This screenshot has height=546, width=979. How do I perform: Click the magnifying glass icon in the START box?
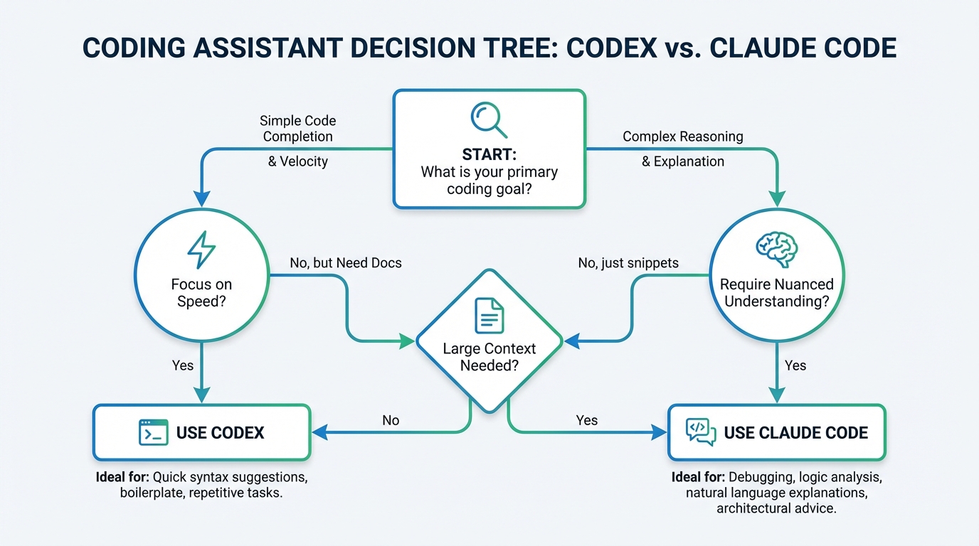488,120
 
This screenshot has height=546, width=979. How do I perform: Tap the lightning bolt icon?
201,250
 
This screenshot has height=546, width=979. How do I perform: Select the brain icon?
776,250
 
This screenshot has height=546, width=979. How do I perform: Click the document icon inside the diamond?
489,316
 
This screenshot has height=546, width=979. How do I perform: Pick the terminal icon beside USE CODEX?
153,432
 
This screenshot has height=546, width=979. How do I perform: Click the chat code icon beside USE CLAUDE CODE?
700,432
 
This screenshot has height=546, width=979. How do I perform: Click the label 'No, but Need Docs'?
346,263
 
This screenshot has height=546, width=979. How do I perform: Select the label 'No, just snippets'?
628,263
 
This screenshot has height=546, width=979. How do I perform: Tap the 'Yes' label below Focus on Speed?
183,365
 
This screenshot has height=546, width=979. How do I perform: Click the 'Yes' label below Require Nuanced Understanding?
795,365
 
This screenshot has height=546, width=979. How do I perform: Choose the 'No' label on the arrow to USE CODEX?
391,420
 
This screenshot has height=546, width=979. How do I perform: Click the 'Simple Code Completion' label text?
297,128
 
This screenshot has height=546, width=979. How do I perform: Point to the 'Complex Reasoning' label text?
683,136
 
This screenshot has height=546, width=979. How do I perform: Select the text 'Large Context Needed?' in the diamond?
489,357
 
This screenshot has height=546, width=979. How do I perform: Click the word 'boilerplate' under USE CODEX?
152,493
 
